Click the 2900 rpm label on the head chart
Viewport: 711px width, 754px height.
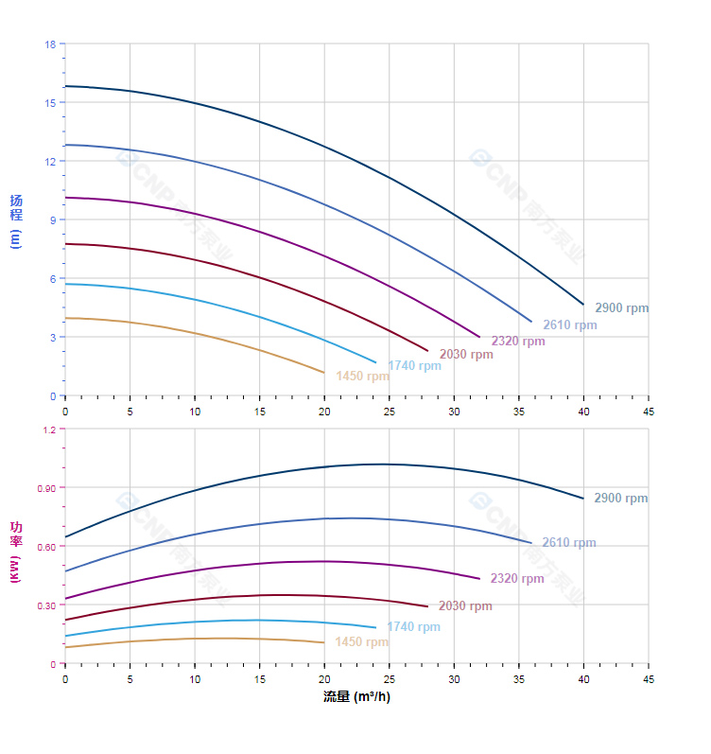[621, 308]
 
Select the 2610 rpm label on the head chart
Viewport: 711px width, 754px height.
[569, 325]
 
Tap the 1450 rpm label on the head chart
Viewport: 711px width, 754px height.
[362, 377]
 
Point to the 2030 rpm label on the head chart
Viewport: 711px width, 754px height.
[466, 355]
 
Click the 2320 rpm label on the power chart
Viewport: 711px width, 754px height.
[517, 579]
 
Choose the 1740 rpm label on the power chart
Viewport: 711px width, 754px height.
[413, 627]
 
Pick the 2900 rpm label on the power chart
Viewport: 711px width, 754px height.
[620, 499]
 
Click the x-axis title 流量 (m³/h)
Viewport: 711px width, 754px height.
[356, 697]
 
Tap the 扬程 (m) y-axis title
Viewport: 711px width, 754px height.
[15, 220]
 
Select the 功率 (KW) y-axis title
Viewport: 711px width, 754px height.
[15, 552]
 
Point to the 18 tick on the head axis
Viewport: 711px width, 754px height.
[50, 44]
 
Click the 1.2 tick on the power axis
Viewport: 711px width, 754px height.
[48, 430]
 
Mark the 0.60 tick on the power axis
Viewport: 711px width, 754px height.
[46, 547]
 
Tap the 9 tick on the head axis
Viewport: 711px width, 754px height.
[53, 219]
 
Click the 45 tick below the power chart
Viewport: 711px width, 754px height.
[648, 679]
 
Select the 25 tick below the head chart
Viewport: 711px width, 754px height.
[389, 412]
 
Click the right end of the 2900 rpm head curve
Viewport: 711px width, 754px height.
[583, 305]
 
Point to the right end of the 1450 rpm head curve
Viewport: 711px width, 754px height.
[324, 373]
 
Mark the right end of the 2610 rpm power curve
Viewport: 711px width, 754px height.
[531, 543]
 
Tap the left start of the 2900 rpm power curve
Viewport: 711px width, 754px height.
[65, 537]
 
